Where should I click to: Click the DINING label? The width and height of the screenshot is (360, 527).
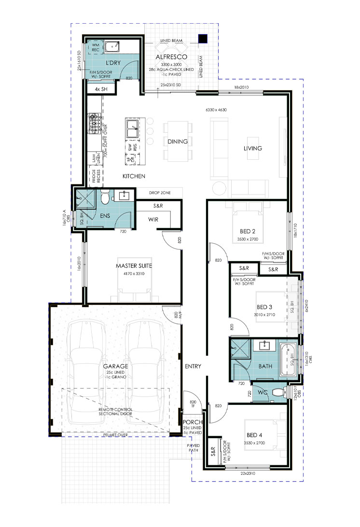pos(177,142)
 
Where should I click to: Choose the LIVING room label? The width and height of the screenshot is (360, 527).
pos(252,148)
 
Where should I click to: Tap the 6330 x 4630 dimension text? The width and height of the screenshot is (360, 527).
pos(216,110)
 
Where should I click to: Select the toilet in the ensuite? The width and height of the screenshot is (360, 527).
pos(104,196)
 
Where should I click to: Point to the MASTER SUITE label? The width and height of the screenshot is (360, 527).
pos(134,266)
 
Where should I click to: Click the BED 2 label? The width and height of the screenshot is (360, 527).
pos(247,232)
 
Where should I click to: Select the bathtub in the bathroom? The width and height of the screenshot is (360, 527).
pos(288,359)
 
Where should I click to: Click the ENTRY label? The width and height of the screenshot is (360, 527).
pos(193,367)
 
